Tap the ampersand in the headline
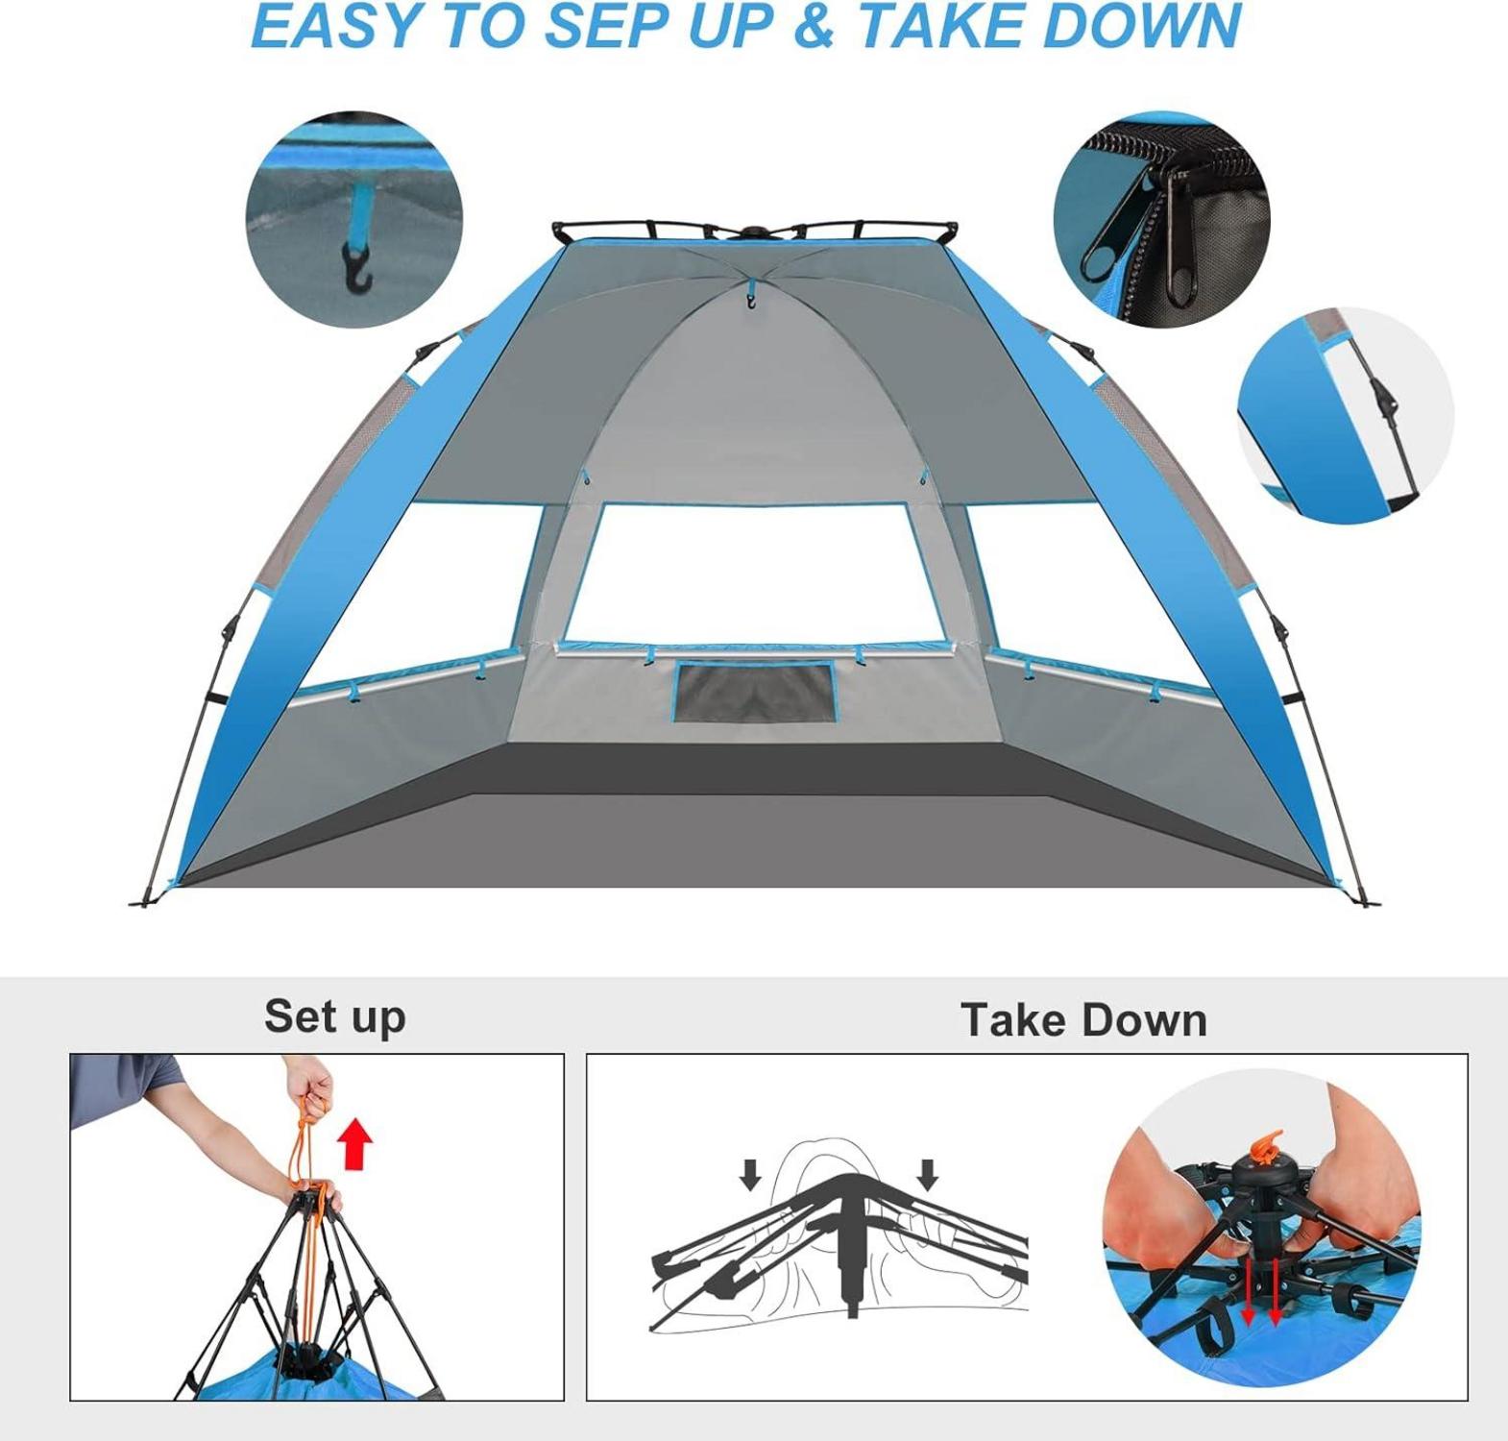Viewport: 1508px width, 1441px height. click(x=815, y=25)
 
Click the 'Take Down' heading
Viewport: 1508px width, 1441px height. click(x=1083, y=1019)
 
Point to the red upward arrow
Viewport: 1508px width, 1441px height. click(x=356, y=1142)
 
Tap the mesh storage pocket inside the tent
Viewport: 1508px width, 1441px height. click(x=754, y=692)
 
